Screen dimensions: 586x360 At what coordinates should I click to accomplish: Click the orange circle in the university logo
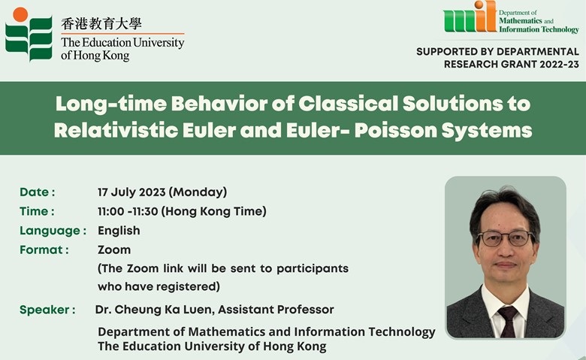coord(20,14)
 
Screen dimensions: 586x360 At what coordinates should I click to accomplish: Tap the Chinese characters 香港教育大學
coord(101,24)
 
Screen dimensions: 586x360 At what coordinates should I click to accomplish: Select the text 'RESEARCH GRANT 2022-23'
coord(512,65)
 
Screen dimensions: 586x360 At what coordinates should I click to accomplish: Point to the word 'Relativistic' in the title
coord(116,131)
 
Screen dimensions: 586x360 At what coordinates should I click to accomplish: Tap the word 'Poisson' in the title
coord(396,131)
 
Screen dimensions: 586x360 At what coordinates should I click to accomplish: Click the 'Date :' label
coord(38,192)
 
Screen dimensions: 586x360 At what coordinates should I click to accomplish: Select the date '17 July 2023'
coord(131,192)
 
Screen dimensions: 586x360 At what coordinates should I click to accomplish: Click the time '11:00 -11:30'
coord(128,211)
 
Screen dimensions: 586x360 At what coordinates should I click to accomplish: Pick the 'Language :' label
coord(53,231)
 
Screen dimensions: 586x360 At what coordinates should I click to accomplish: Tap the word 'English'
coord(119,231)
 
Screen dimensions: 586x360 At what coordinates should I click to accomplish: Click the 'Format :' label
coord(44,250)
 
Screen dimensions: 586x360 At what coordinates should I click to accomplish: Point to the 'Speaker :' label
coord(47,310)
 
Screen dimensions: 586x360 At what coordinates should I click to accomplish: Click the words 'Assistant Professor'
coord(276,310)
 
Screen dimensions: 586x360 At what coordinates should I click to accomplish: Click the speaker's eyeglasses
coord(506,238)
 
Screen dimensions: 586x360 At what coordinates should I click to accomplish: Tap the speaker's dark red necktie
coord(509,321)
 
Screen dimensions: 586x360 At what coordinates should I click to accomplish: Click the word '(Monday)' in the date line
coord(198,192)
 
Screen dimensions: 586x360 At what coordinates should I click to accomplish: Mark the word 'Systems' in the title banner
coord(487,131)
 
